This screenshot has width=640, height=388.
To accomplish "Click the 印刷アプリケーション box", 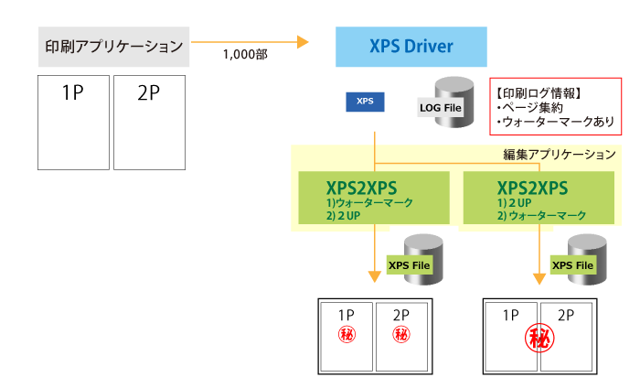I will [114, 46].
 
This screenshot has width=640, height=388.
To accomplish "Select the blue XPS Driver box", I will [411, 46].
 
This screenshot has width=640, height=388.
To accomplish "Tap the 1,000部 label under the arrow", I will [244, 55].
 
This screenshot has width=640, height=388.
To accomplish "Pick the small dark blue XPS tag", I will [365, 101].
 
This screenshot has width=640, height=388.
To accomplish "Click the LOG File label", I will [441, 109].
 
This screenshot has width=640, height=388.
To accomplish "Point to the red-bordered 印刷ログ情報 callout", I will [556, 106].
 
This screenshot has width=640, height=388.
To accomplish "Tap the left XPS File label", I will [409, 265].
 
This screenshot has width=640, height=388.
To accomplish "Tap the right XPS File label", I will [573, 265].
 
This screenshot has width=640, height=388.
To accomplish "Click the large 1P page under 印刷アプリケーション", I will [72, 122].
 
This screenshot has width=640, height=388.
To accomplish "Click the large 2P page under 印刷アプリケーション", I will [149, 122].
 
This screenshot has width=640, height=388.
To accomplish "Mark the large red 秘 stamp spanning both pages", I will [539, 339].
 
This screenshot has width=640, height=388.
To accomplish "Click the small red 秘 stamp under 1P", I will [347, 335].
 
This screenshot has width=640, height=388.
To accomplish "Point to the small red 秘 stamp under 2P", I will [401, 335].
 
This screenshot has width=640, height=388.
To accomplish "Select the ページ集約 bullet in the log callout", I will [528, 107].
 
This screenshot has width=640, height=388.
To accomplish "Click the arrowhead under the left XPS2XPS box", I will [375, 276].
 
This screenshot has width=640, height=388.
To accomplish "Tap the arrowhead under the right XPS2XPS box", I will [539, 276].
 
